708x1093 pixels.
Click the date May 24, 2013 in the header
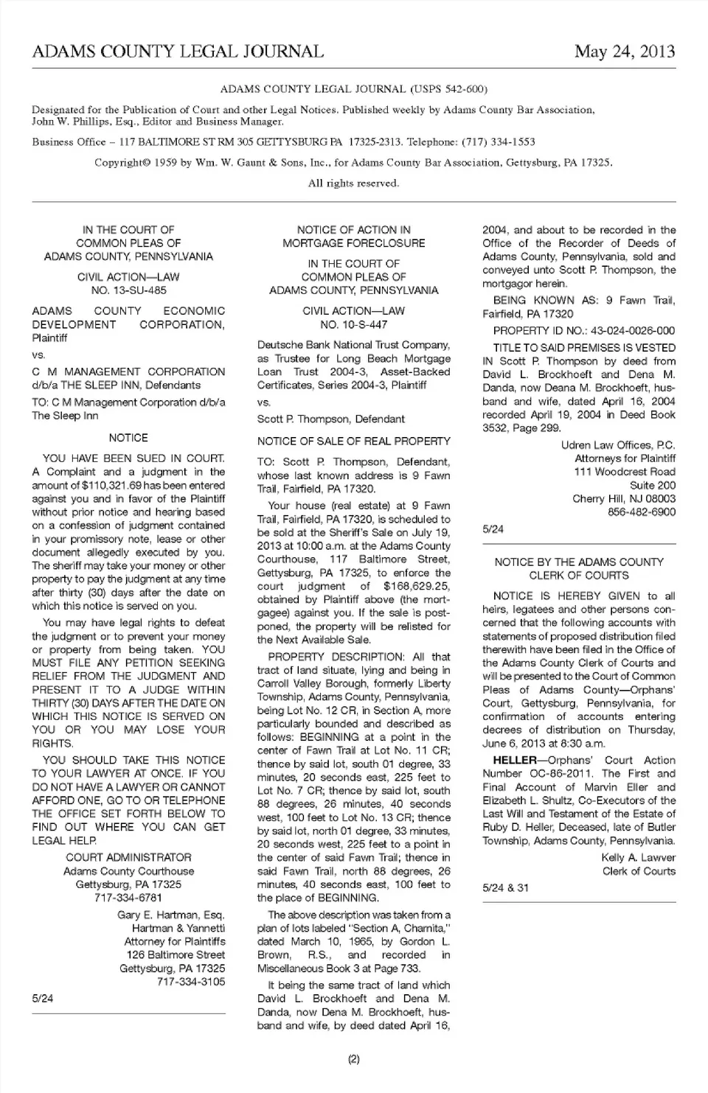coord(625,52)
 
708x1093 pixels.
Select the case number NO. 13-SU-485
coord(128,290)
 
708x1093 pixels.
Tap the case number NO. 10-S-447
coord(353,324)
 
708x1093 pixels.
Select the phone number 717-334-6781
coord(128,898)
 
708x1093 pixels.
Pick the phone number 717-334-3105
coord(191,982)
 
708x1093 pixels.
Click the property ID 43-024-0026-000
coord(623,331)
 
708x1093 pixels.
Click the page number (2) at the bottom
coord(353,1059)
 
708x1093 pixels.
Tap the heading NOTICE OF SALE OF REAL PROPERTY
coord(353,441)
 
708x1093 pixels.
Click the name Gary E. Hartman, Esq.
coord(171,915)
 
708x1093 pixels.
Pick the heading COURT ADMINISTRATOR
coord(128,857)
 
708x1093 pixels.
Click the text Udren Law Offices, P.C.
coord(618,445)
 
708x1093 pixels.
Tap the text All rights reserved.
coord(353,184)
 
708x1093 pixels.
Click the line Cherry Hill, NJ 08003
coord(624,499)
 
